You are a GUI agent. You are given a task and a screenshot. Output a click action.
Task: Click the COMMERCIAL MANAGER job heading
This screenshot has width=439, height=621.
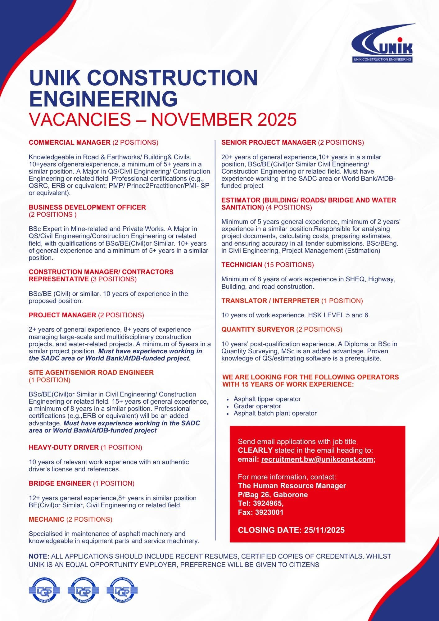coord(70,143)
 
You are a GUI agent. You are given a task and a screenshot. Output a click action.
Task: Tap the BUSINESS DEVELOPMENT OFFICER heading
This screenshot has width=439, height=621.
coord(87,207)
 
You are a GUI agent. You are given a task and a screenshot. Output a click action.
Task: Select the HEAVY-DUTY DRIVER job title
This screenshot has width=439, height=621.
coord(64,447)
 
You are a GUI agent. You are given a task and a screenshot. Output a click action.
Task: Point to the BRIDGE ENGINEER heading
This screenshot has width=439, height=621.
coord(60,483)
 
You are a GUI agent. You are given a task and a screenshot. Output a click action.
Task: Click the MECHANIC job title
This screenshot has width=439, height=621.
coord(47,519)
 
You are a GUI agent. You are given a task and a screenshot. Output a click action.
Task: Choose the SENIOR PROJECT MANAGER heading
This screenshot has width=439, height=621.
coord(269,143)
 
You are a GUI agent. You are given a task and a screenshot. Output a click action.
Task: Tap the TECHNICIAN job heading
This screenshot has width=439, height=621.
coord(242,265)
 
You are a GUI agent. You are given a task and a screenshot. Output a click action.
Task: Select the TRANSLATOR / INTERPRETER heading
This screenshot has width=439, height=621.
coord(270,301)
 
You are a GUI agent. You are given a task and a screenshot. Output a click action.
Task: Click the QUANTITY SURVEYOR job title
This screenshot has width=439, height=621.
coord(258,329)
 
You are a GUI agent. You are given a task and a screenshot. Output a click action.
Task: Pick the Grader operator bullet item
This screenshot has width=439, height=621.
coord(257,406)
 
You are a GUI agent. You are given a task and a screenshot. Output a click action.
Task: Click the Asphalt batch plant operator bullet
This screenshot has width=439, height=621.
coord(275,413)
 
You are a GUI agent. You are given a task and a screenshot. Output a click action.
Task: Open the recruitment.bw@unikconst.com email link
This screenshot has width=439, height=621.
coord(317,460)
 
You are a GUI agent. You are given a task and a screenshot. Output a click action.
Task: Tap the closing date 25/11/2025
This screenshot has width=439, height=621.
coord(324,530)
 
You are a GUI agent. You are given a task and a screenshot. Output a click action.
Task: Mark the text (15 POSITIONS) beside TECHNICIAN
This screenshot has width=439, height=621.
coord(289,265)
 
